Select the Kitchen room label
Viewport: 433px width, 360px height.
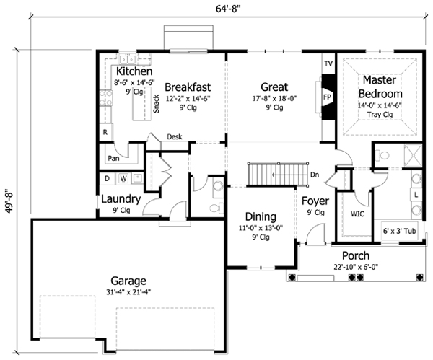pyautogui.click(x=134, y=72)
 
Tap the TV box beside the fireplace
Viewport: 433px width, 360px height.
pyautogui.click(x=328, y=63)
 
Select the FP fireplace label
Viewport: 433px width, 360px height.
pyautogui.click(x=327, y=97)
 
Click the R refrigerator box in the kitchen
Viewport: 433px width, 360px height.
pyautogui.click(x=105, y=133)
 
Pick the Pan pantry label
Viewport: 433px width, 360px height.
pyautogui.click(x=113, y=158)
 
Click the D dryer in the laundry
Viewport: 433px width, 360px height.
pyautogui.click(x=108, y=177)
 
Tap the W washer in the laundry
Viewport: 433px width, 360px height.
pyautogui.click(x=123, y=177)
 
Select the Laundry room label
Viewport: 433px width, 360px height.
pyautogui.click(x=121, y=199)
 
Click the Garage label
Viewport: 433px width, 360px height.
pyautogui.click(x=129, y=281)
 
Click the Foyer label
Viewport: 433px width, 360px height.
pyautogui.click(x=315, y=201)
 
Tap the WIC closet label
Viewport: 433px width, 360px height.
pyautogui.click(x=357, y=214)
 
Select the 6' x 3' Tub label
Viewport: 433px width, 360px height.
pyautogui.click(x=403, y=231)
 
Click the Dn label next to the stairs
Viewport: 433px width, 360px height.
pyautogui.click(x=315, y=174)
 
